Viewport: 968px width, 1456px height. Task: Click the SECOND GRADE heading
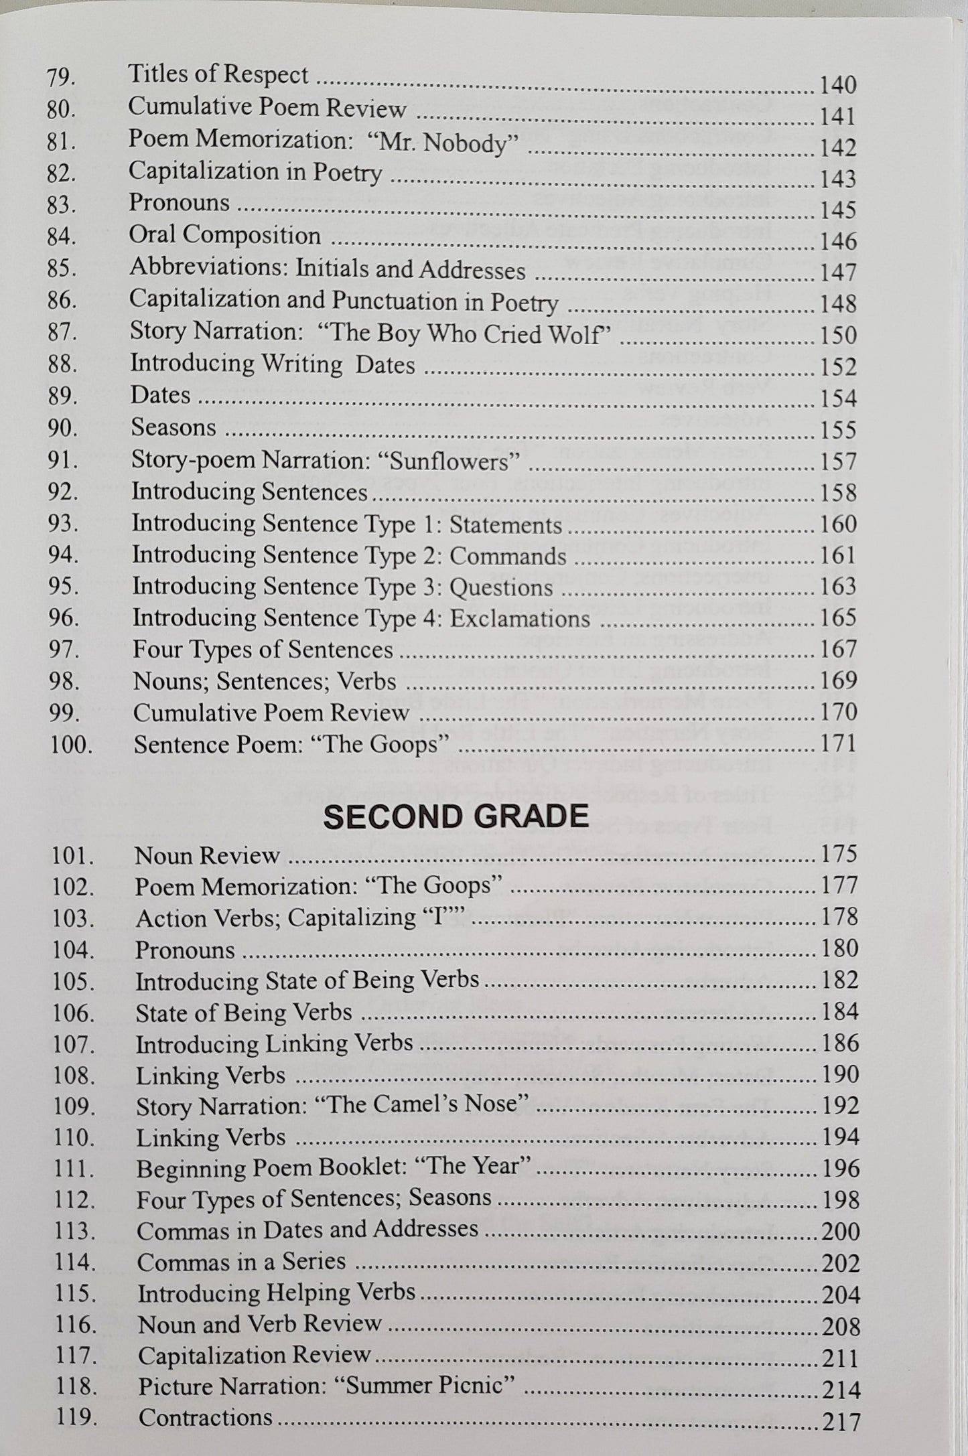tap(456, 816)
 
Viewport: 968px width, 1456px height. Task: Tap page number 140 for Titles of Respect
tap(838, 85)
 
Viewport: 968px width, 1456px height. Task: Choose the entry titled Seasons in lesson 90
tap(174, 427)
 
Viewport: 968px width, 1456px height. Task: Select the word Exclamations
tap(520, 618)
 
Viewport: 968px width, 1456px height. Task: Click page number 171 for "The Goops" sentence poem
tap(839, 743)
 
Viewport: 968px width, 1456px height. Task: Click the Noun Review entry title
tap(207, 855)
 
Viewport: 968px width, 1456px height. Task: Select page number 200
tap(840, 1231)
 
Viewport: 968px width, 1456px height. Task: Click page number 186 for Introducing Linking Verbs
tap(840, 1043)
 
